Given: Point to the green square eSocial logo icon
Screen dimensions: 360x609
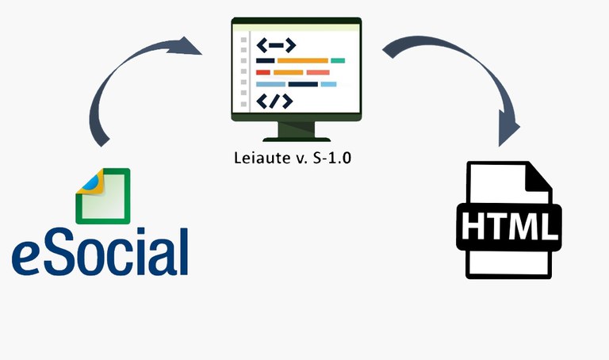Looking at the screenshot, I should (x=103, y=196).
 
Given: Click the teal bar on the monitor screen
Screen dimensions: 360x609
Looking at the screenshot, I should (x=338, y=60).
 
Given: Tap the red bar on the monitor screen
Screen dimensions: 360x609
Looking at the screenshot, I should (x=262, y=72).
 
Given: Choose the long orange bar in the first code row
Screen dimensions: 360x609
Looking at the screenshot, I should (x=302, y=60).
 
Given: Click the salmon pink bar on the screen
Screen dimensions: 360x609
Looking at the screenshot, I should (x=317, y=72).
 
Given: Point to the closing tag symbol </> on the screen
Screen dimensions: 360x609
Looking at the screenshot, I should (x=274, y=101).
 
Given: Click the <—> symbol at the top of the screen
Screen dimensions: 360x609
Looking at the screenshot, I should (x=275, y=45).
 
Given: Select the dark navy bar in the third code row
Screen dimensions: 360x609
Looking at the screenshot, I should (x=302, y=84).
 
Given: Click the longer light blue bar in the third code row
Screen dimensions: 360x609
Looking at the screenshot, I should (x=270, y=84).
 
